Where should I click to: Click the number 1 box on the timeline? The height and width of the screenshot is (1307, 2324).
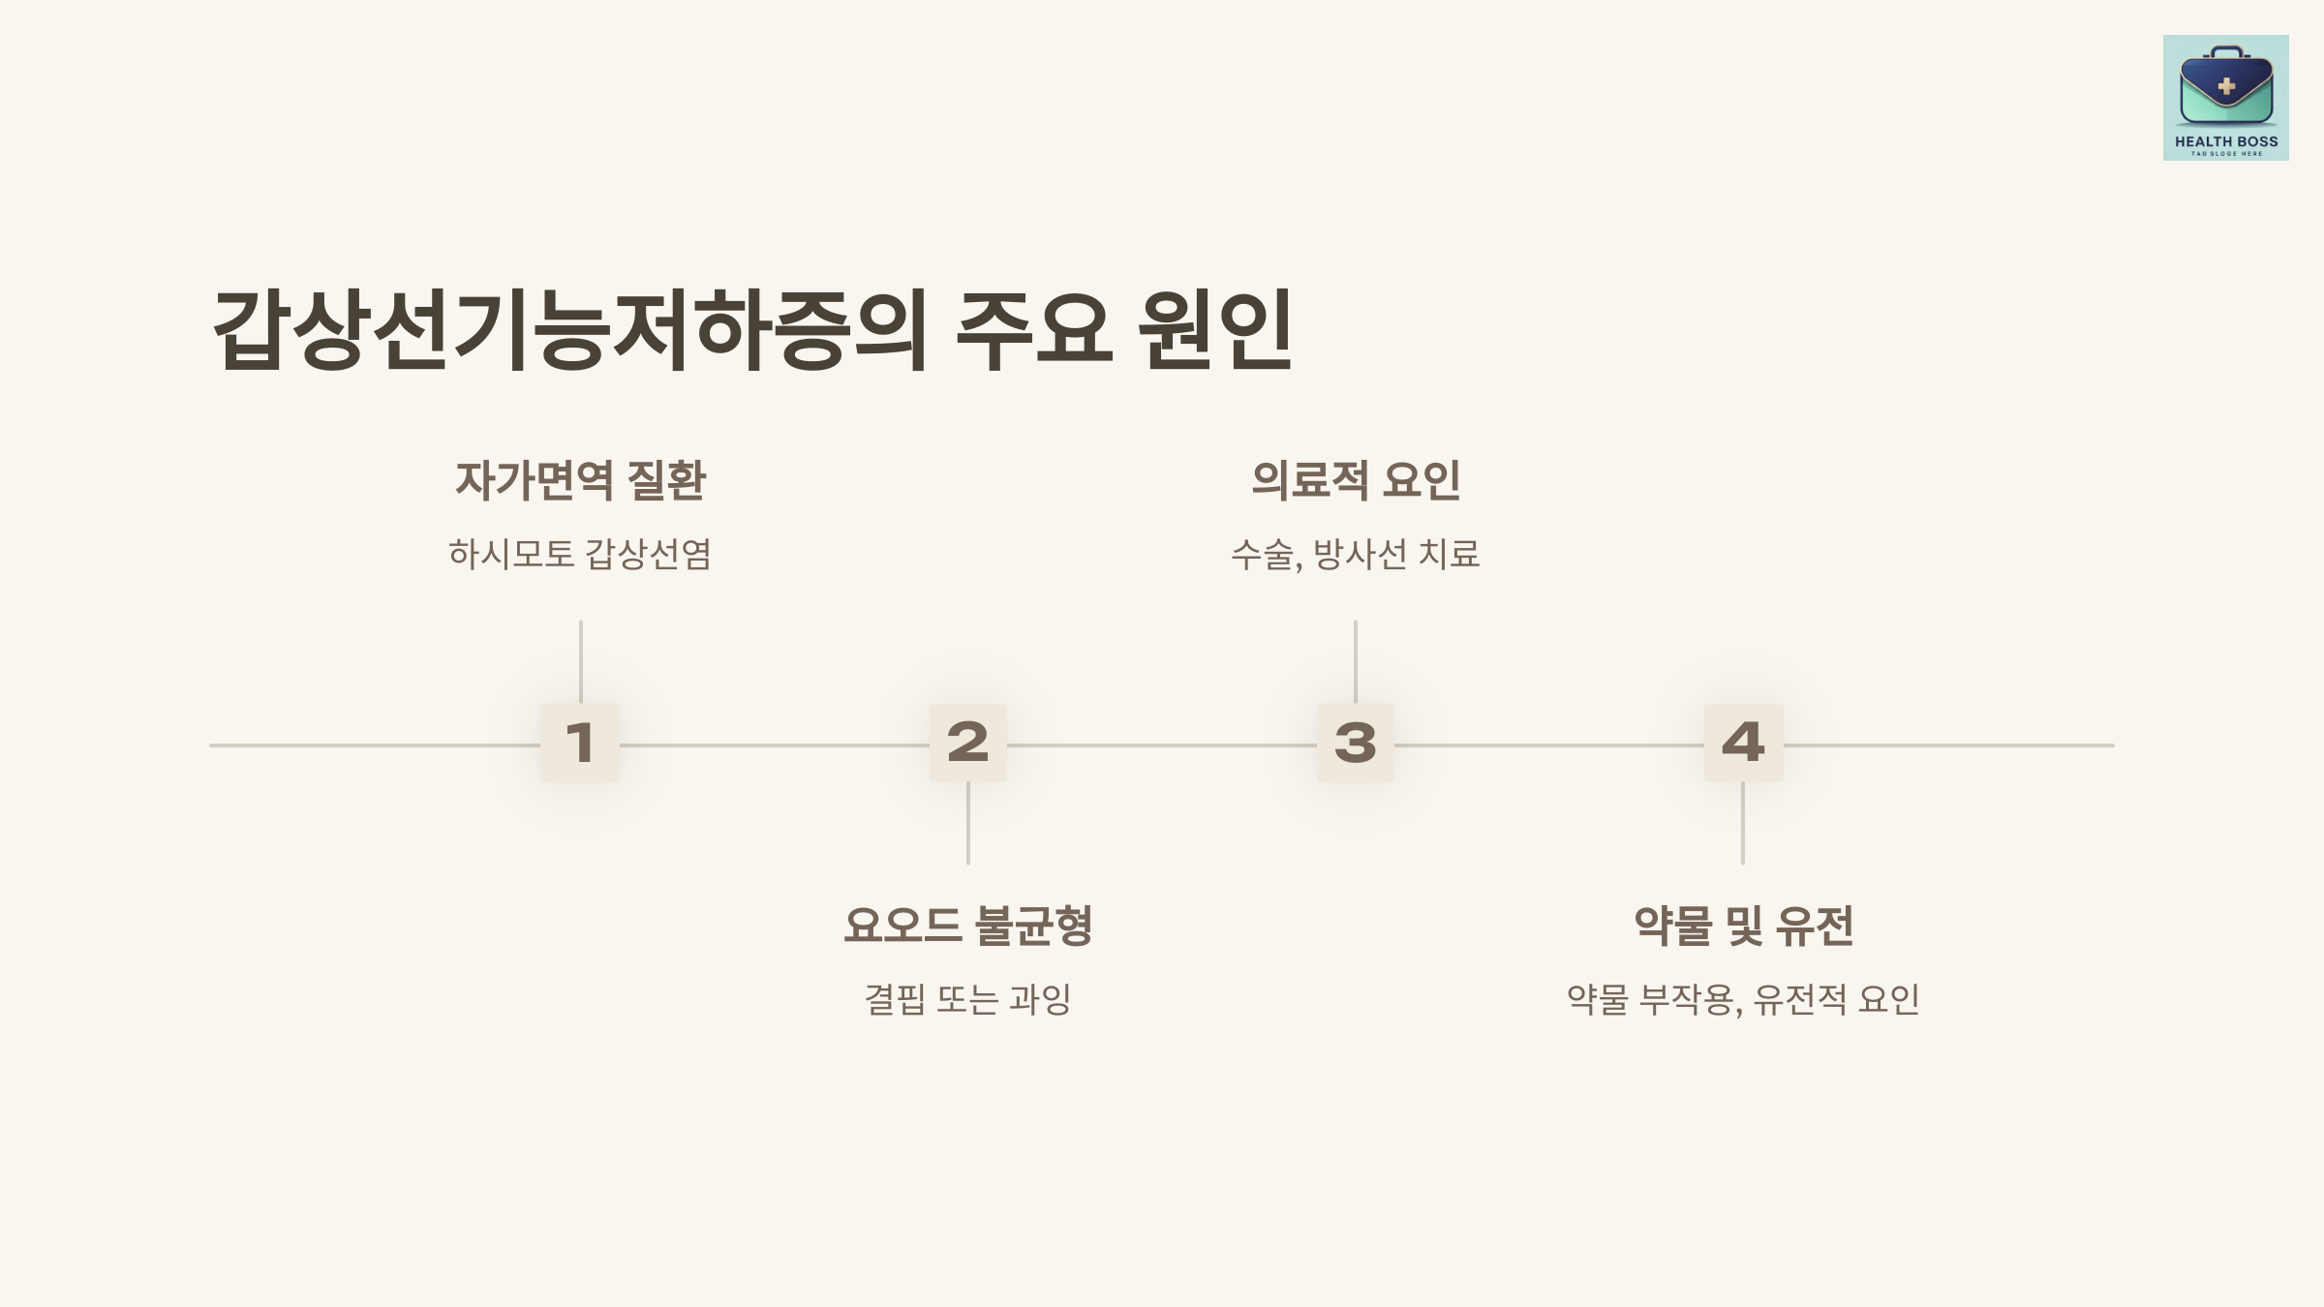click(580, 743)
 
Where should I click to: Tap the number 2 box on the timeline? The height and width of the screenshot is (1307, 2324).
click(968, 743)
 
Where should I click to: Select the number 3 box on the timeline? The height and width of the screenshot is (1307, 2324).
click(1355, 743)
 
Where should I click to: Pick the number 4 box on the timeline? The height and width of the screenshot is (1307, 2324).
click(1743, 743)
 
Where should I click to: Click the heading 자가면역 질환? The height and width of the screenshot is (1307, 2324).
click(580, 480)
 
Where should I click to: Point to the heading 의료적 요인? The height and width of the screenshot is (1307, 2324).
click(1355, 480)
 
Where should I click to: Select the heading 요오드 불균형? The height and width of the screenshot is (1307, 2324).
click(968, 926)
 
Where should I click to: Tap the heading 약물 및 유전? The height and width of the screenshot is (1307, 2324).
click(1743, 926)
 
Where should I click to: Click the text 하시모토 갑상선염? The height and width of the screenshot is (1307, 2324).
click(580, 555)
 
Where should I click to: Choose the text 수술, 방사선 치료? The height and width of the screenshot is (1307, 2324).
click(1355, 555)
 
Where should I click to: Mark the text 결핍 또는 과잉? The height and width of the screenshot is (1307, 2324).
click(968, 999)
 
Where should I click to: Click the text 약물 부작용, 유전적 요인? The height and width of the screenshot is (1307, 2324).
click(1743, 999)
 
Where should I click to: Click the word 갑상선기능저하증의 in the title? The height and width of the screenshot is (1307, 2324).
click(569, 329)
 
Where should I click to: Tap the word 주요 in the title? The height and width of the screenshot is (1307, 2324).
click(1032, 329)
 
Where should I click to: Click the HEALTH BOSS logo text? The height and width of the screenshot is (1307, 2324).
click(2226, 141)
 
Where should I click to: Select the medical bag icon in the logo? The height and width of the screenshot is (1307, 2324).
click(2226, 86)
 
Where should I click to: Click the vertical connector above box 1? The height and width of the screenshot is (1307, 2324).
click(580, 661)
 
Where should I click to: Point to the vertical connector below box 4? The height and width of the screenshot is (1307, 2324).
click(1743, 823)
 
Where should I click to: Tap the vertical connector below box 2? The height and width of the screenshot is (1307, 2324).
click(968, 823)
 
